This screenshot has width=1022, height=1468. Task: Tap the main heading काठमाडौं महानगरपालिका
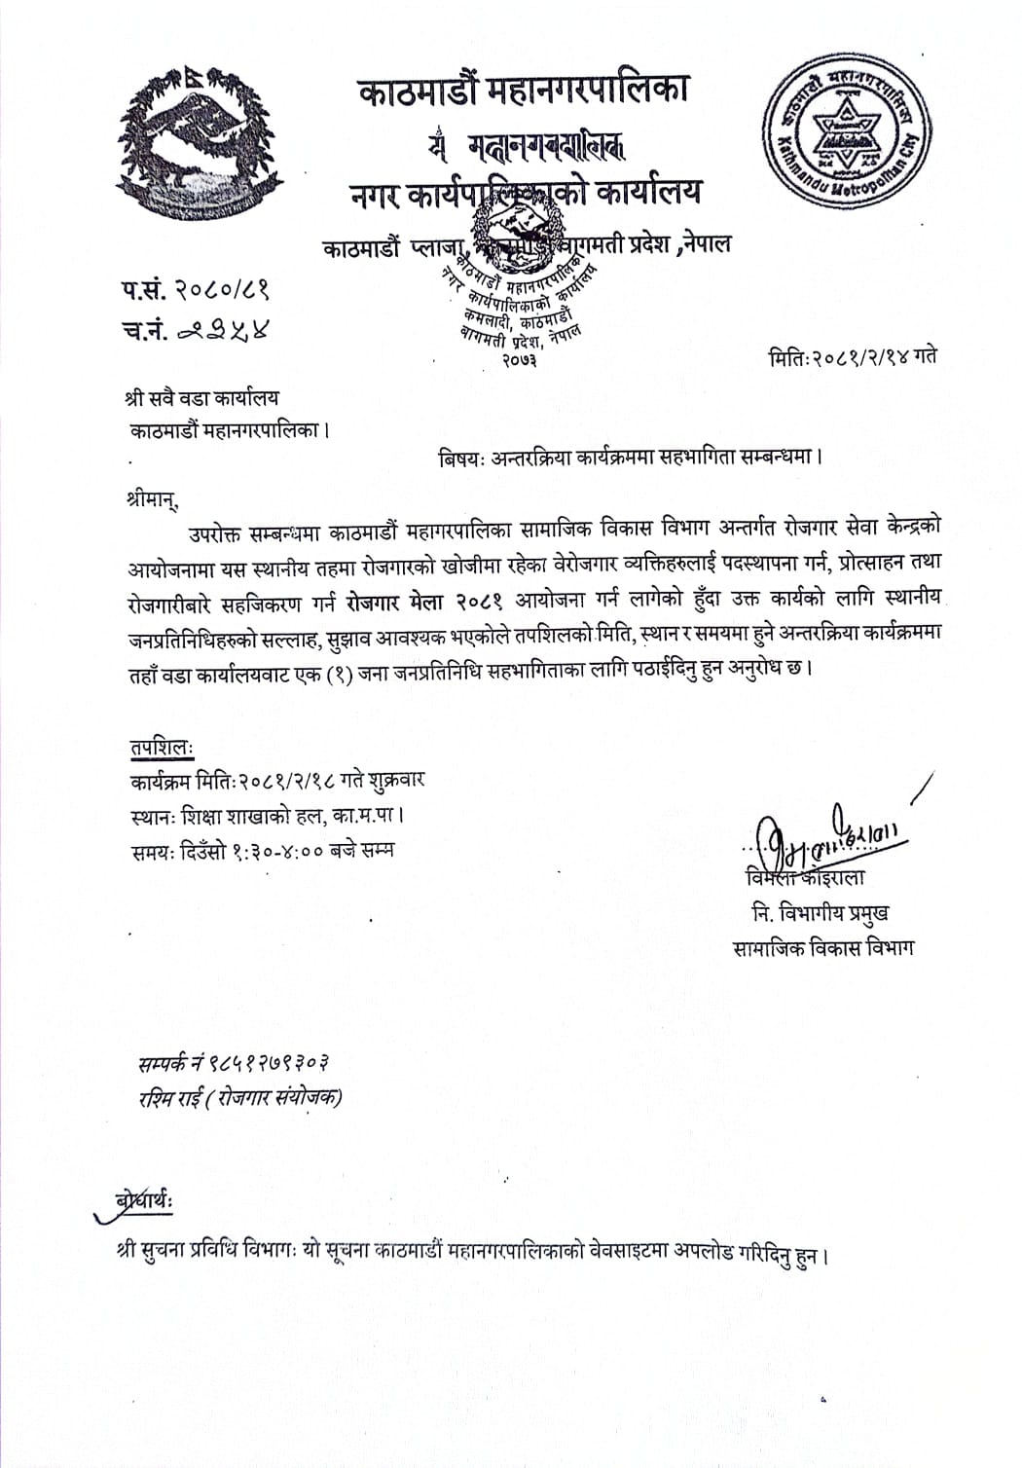(524, 91)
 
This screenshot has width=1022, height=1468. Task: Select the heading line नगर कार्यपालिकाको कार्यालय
(526, 193)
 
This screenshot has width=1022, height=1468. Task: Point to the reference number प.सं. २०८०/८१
(195, 290)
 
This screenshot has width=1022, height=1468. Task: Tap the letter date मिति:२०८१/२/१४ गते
(853, 356)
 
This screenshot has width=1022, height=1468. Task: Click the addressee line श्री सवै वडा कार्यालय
(202, 398)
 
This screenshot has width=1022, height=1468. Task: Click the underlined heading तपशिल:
(162, 748)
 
